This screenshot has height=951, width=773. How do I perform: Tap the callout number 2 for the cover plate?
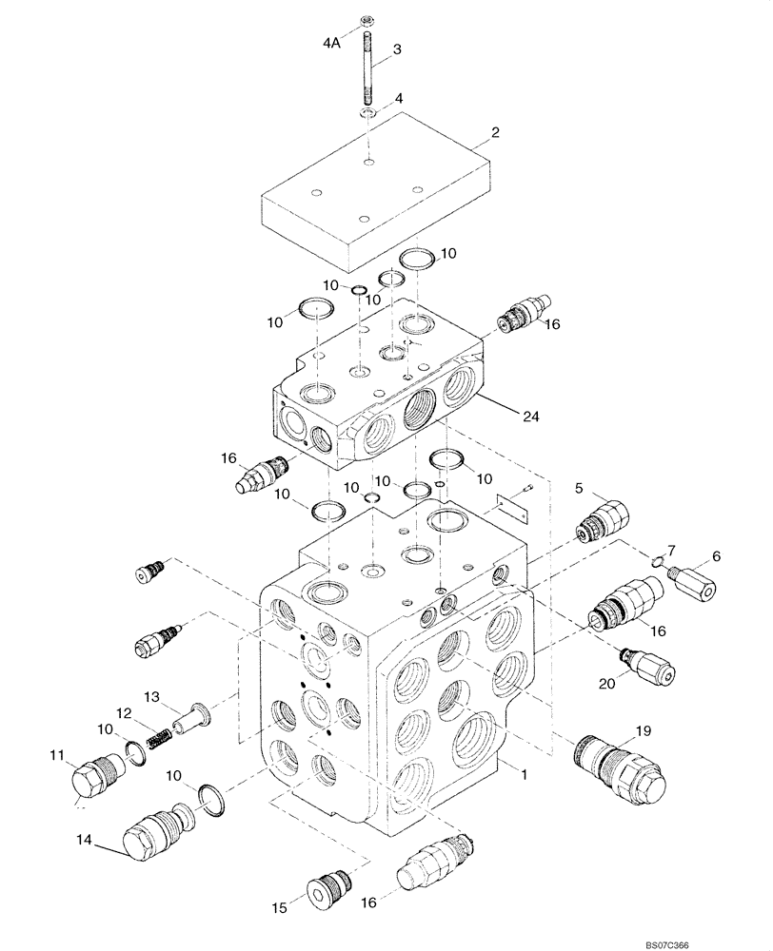coord(495,133)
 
